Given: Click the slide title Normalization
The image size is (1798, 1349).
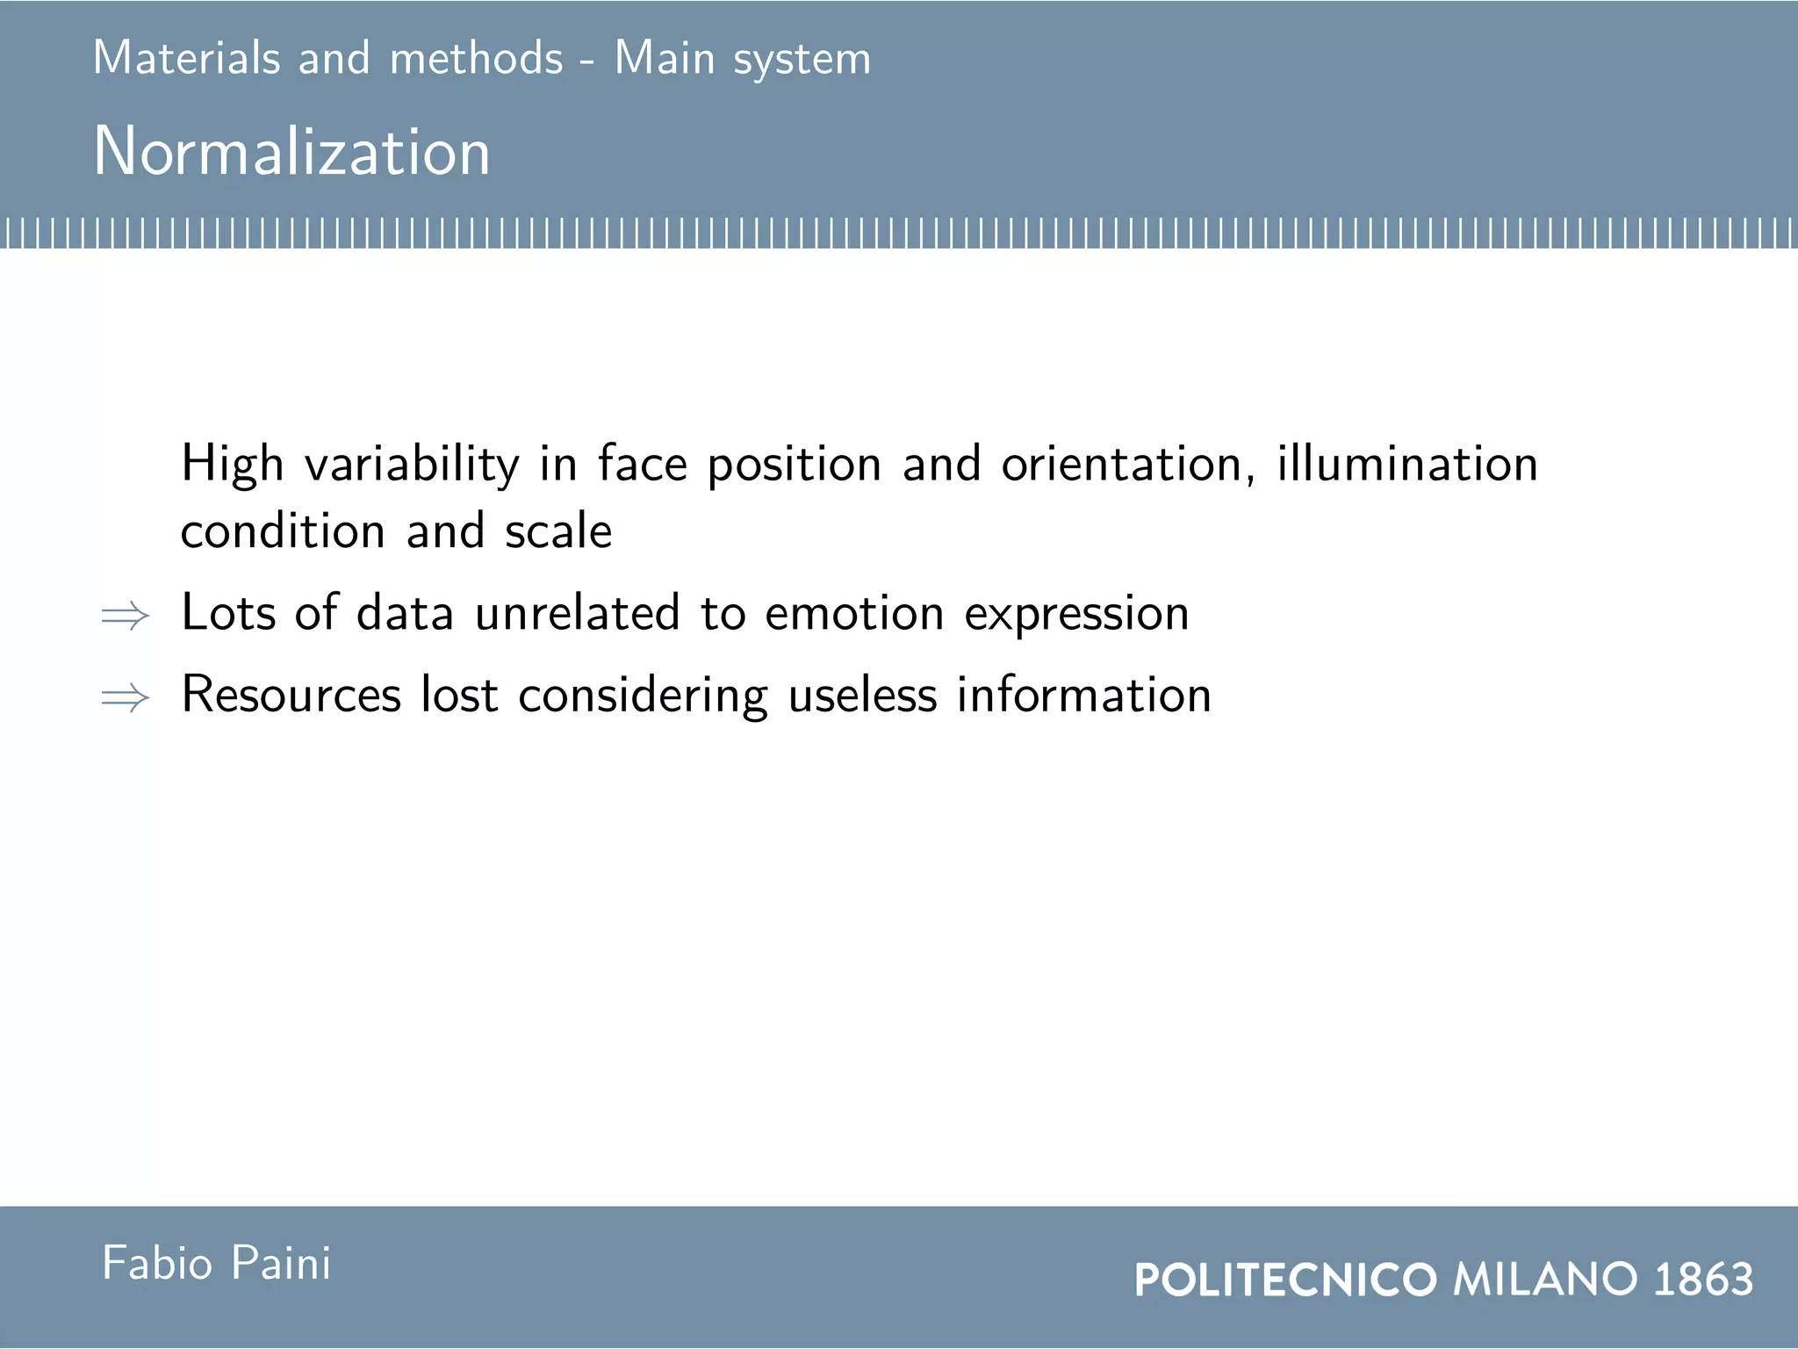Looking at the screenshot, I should coord(291,151).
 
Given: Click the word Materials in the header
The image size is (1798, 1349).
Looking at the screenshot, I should coord(186,59).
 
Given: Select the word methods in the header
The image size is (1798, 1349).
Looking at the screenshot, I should coord(476,59).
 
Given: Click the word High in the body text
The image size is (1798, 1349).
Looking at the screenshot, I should coord(232,464).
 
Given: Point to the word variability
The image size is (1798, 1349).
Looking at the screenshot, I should coord(412,464).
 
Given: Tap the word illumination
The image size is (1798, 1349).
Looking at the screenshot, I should coord(1406,464).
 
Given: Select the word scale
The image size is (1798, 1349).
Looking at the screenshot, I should coord(558,531).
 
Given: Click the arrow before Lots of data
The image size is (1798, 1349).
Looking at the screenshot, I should coord(126,616).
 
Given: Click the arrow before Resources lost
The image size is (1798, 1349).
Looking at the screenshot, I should coord(126,698).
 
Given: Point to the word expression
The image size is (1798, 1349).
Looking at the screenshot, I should coord(1076,615).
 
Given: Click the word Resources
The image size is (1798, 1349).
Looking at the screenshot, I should coord(291,695).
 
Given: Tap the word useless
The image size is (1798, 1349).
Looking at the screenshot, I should coord(862,695).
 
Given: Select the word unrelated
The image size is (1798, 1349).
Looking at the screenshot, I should coord(577,613).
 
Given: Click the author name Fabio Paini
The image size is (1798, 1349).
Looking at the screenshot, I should coord(216,1264).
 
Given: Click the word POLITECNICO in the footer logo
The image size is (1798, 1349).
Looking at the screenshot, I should coord(1285,1280).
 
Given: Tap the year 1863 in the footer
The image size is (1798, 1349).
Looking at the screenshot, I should coord(1703,1280).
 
